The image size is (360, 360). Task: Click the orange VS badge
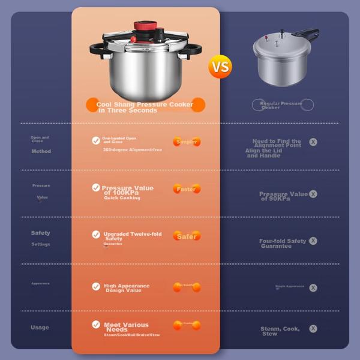[220, 66]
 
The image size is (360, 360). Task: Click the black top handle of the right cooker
[307, 34]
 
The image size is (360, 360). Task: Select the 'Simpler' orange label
[187, 142]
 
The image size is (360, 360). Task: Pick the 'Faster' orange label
[187, 189]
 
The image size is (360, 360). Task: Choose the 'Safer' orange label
[187, 236]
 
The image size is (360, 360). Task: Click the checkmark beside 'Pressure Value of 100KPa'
[96, 188]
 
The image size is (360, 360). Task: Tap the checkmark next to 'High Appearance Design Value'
[96, 286]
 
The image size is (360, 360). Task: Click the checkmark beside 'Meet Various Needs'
[96, 325]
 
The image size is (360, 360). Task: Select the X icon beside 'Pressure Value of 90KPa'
[313, 194]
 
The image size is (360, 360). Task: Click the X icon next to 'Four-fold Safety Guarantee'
[313, 241]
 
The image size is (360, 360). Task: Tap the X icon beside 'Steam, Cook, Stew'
[313, 329]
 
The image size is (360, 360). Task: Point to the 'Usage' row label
[40, 328]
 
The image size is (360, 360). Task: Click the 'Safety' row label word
[41, 233]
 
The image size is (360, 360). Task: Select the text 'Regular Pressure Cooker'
[281, 105]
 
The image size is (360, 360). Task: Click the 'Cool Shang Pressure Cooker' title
[145, 104]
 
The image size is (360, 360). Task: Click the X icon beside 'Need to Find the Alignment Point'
[313, 142]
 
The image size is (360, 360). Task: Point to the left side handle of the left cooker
[97, 47]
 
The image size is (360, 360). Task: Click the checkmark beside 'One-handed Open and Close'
[96, 140]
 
